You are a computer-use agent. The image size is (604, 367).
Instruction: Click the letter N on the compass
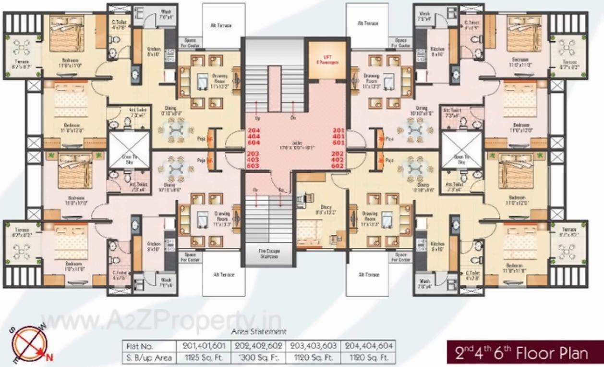click(x=48, y=355)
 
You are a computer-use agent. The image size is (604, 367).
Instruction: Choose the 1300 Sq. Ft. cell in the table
click(x=259, y=358)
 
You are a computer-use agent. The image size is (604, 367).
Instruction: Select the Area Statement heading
click(x=259, y=332)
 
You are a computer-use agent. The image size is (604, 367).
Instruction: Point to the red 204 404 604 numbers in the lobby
click(x=254, y=136)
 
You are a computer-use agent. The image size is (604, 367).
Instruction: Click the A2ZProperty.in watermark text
click(x=163, y=321)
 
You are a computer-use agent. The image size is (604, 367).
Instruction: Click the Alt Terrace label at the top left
click(x=223, y=25)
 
